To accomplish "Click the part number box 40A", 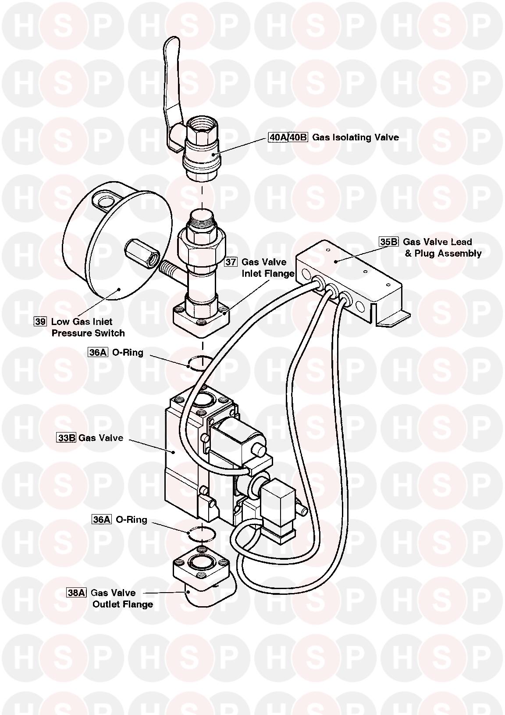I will pos(278,137).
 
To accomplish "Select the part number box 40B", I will pos(299,137).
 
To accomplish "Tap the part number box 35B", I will pos(389,242).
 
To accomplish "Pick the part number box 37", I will pos(231,262).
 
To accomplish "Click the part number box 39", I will pos(40,322).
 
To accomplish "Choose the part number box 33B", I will pos(66,438).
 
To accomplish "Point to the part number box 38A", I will pos(76,593).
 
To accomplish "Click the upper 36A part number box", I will pos(98,352).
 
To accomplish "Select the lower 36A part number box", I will pos(101,519).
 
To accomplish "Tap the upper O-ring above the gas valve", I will pos(201,362).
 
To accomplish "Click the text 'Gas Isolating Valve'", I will pos(356,137).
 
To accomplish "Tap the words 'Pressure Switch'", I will pos(88,333).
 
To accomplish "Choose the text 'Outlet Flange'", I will pos(123,604).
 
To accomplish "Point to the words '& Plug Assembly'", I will pos(443,253).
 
